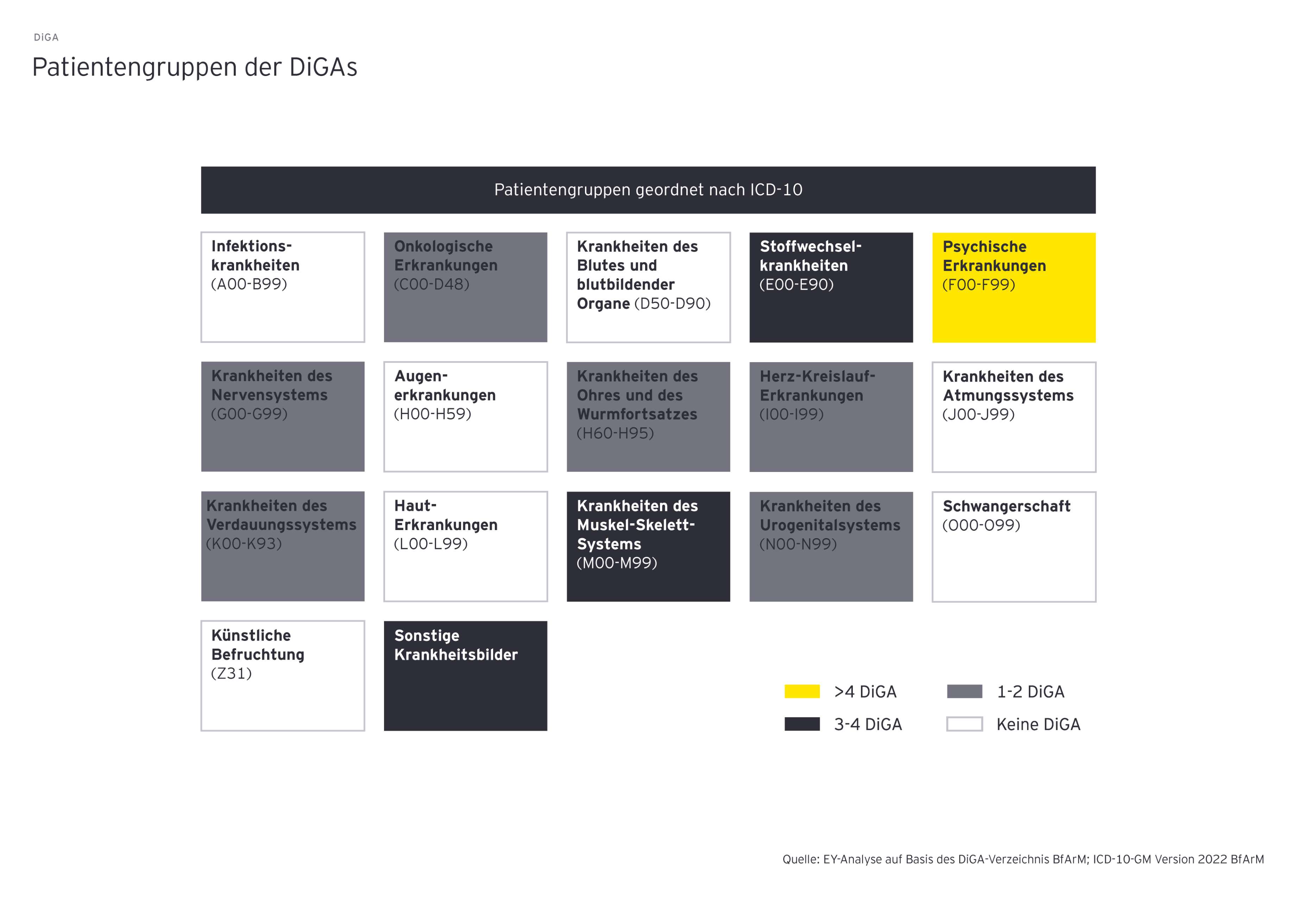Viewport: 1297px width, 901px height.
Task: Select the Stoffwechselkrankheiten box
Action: click(x=831, y=287)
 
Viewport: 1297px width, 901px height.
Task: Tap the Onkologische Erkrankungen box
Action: click(x=465, y=287)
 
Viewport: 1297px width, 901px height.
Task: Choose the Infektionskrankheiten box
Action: click(x=283, y=287)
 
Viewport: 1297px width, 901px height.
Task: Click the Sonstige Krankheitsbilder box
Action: click(x=465, y=676)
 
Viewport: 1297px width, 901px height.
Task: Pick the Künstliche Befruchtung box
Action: click(x=283, y=676)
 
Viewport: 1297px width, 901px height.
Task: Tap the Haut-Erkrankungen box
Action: click(x=465, y=547)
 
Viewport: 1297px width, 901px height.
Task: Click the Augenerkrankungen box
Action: click(x=465, y=417)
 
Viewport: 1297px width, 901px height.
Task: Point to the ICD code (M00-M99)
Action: click(x=617, y=563)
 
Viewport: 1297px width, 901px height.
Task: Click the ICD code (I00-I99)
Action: click(x=791, y=414)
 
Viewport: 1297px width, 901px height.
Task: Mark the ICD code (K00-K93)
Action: click(x=244, y=544)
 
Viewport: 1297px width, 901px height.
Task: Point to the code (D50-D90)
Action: click(x=672, y=304)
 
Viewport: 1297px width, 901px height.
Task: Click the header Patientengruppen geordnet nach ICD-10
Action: click(x=648, y=190)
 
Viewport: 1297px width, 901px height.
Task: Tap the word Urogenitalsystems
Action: click(x=830, y=525)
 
